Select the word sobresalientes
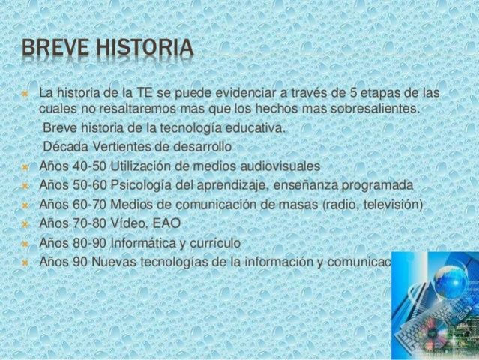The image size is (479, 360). click(x=374, y=111)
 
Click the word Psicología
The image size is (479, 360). click(x=151, y=185)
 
